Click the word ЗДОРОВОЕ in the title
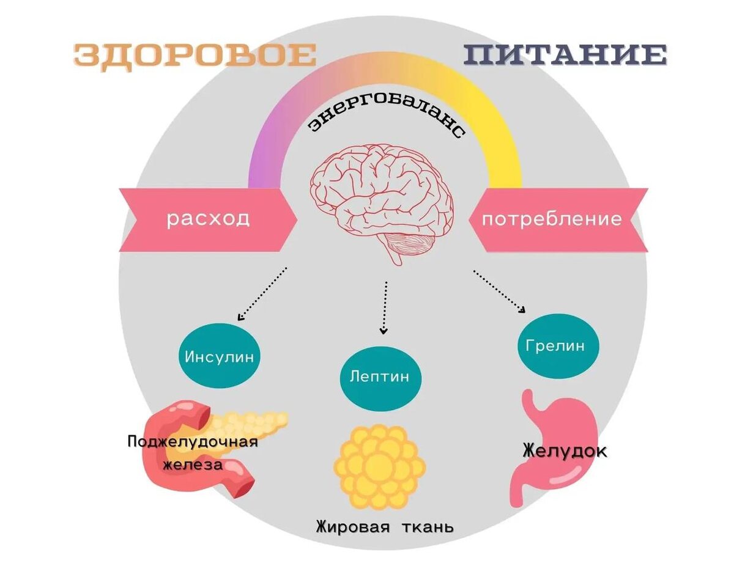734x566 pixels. point(195,56)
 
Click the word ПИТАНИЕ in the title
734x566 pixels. point(564,56)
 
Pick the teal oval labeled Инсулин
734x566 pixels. point(219,357)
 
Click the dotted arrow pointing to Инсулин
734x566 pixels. point(262,294)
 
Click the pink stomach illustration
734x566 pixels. point(550,440)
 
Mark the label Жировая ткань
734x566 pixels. point(385,526)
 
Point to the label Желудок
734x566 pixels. point(565,452)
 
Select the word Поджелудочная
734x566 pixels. point(193,441)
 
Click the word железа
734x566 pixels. point(193,465)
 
